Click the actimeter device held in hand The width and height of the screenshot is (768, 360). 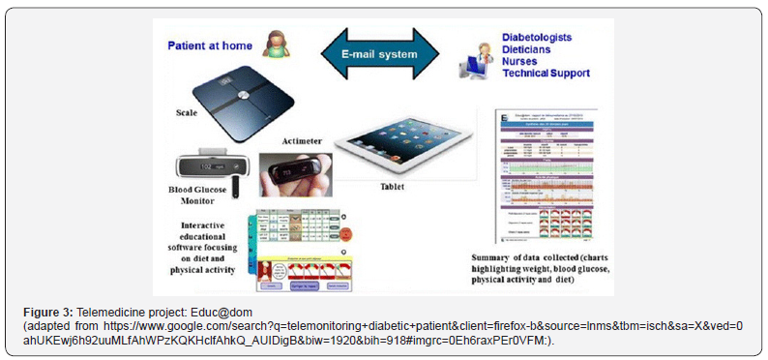point(293,175)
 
